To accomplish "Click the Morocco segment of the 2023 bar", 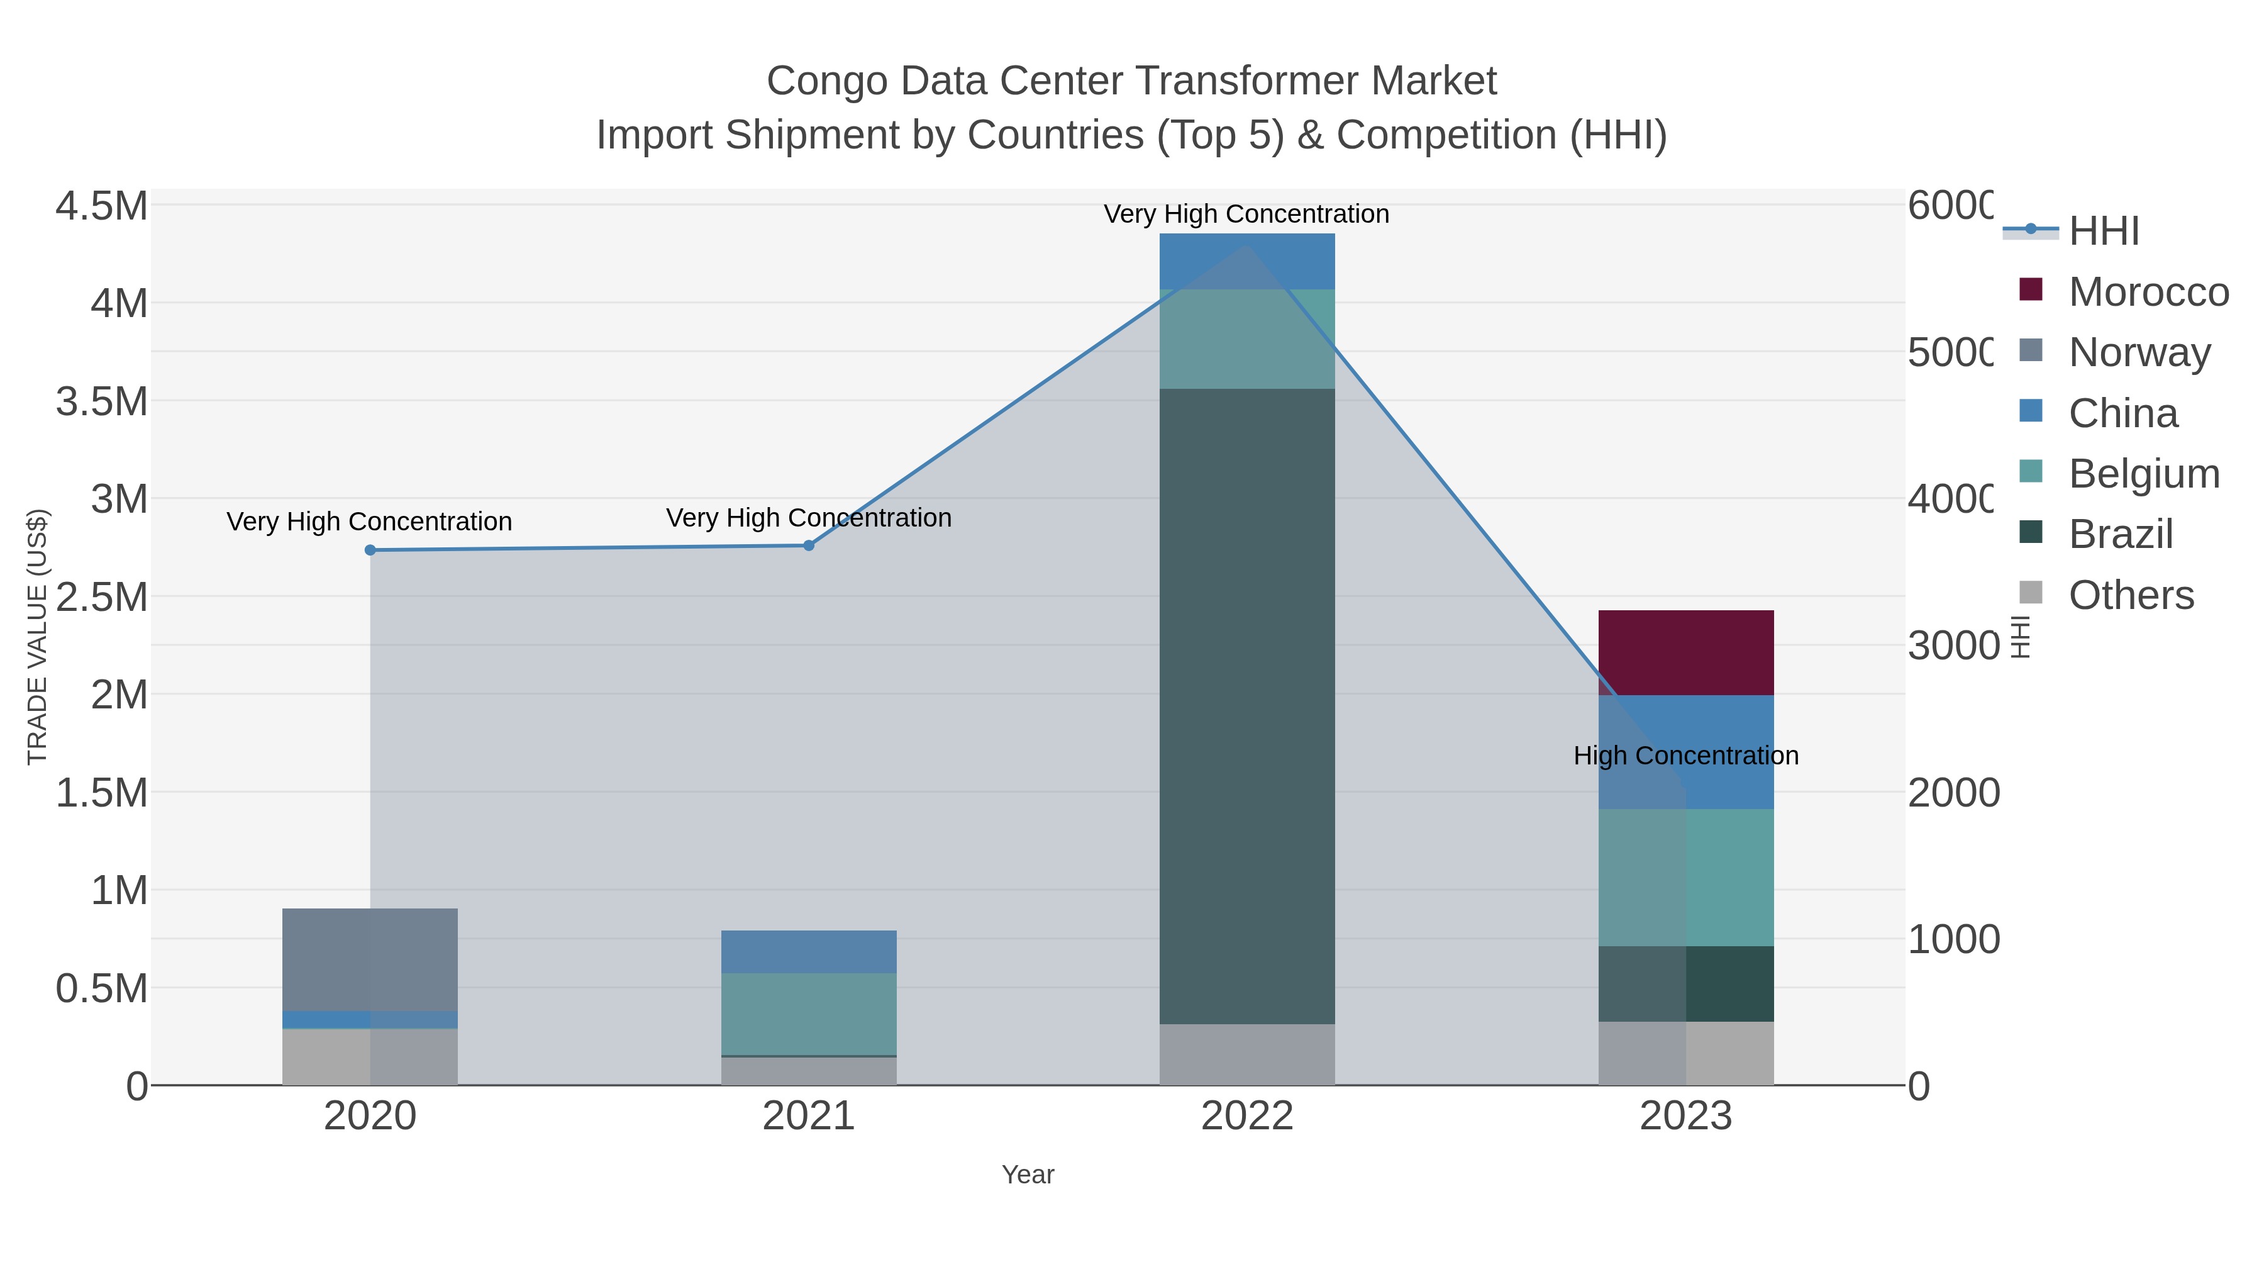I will (x=1685, y=652).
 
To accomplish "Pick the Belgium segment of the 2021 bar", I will (x=809, y=1014).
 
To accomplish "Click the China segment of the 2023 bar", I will (x=1685, y=752).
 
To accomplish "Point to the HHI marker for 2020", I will (x=370, y=550).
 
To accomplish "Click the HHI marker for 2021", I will (x=809, y=545).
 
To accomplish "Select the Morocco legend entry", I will (x=2148, y=292).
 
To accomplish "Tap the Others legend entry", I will (x=2131, y=595).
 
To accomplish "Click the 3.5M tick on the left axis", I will (x=102, y=402).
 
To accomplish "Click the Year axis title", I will (x=1028, y=1175).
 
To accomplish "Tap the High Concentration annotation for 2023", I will (x=1685, y=756).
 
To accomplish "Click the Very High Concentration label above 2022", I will (x=1246, y=215).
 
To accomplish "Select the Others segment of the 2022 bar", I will (x=1247, y=1054).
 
